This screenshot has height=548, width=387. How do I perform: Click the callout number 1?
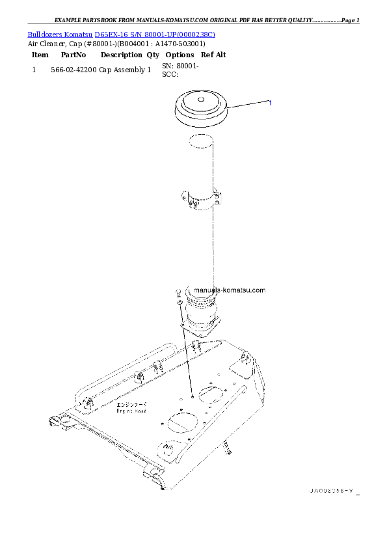coord(270,103)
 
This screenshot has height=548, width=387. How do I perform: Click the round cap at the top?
coord(200,108)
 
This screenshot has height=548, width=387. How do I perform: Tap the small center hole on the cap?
coord(200,100)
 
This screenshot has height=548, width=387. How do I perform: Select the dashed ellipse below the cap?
coord(200,139)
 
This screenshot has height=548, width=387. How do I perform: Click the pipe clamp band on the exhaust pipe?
coord(201,199)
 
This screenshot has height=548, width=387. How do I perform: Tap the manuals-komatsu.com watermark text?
coord(230,291)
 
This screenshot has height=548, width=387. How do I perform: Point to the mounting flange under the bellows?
coord(202,329)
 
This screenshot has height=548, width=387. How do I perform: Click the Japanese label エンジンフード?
coord(131,404)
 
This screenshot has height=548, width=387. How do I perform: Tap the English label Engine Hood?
coord(131,411)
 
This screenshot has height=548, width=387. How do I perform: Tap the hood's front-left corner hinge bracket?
coord(59,422)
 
